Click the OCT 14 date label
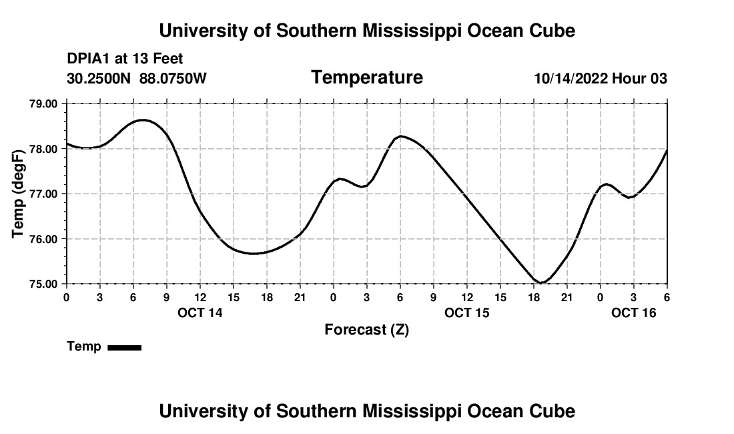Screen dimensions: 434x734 200,312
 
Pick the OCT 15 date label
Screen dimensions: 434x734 467,312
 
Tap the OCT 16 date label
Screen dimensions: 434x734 634,312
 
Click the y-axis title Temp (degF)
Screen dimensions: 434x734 19,194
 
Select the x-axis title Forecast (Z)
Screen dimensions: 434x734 366,329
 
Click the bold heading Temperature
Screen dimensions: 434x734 367,77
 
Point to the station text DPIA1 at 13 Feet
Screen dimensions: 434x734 125,59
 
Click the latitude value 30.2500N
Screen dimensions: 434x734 99,78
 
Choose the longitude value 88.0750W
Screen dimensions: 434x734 173,78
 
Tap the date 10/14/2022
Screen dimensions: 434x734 570,78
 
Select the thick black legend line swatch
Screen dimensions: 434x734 124,347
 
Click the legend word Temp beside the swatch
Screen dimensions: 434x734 84,347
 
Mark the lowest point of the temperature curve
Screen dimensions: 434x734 542,283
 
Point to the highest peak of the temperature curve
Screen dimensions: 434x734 143,120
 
